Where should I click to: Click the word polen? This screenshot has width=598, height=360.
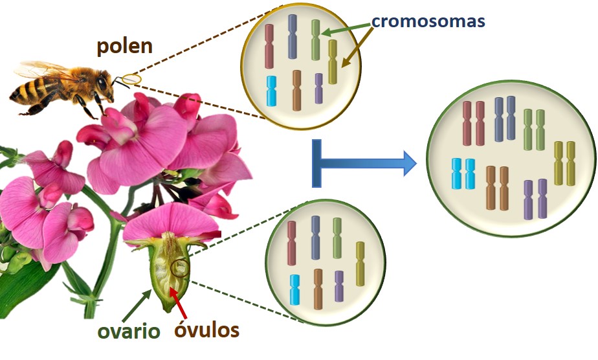125,46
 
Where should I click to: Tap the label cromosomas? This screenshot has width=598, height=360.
428,21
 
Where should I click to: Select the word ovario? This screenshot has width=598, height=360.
129,332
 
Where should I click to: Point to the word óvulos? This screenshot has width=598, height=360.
207,330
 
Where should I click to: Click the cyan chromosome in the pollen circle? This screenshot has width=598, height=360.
272,91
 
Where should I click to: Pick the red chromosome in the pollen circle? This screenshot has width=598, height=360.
269,47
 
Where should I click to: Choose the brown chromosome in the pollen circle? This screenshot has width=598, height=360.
296,90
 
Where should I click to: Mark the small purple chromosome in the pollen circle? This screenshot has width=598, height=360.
318,88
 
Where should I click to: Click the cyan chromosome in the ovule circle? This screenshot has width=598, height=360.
294,289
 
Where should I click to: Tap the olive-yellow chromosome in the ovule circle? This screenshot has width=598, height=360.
360,264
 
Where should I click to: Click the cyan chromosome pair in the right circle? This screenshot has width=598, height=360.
463,174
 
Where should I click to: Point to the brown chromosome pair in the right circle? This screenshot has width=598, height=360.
497,188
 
